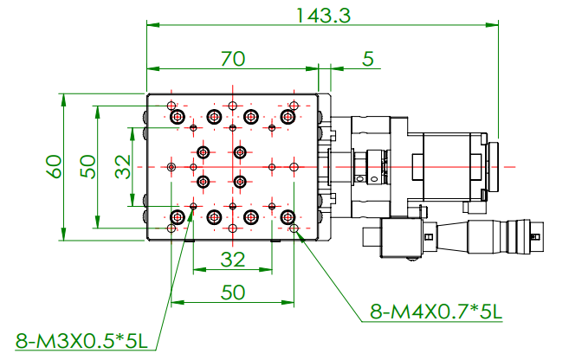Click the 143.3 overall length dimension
324,16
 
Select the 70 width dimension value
233,59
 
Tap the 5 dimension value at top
368,59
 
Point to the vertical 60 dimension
54,167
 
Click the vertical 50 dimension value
87,167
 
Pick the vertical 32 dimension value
123,167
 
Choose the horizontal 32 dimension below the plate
233,260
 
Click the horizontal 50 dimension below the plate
233,292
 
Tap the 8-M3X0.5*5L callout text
81,341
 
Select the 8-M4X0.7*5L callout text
436,312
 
